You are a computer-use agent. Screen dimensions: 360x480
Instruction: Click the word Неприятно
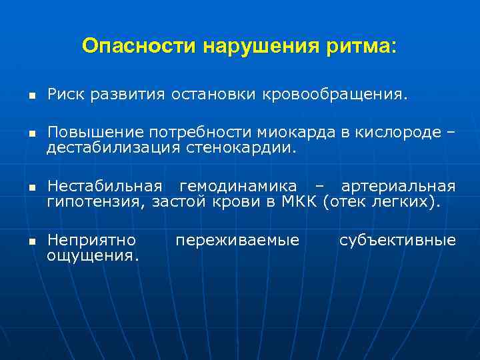pyautogui.click(x=91, y=239)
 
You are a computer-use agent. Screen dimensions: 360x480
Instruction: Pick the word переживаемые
pyautogui.click(x=237, y=239)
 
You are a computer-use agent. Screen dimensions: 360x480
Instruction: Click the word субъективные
pyautogui.click(x=397, y=239)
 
